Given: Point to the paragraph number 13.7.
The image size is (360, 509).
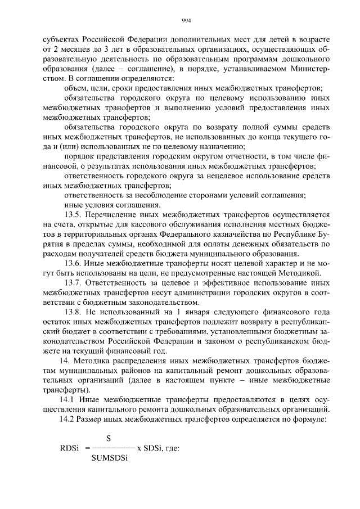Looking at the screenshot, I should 74,282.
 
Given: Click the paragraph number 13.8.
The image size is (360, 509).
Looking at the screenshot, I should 74,312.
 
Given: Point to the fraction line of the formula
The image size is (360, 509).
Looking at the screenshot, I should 112,448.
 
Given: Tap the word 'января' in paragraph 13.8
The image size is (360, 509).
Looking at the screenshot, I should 192,312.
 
